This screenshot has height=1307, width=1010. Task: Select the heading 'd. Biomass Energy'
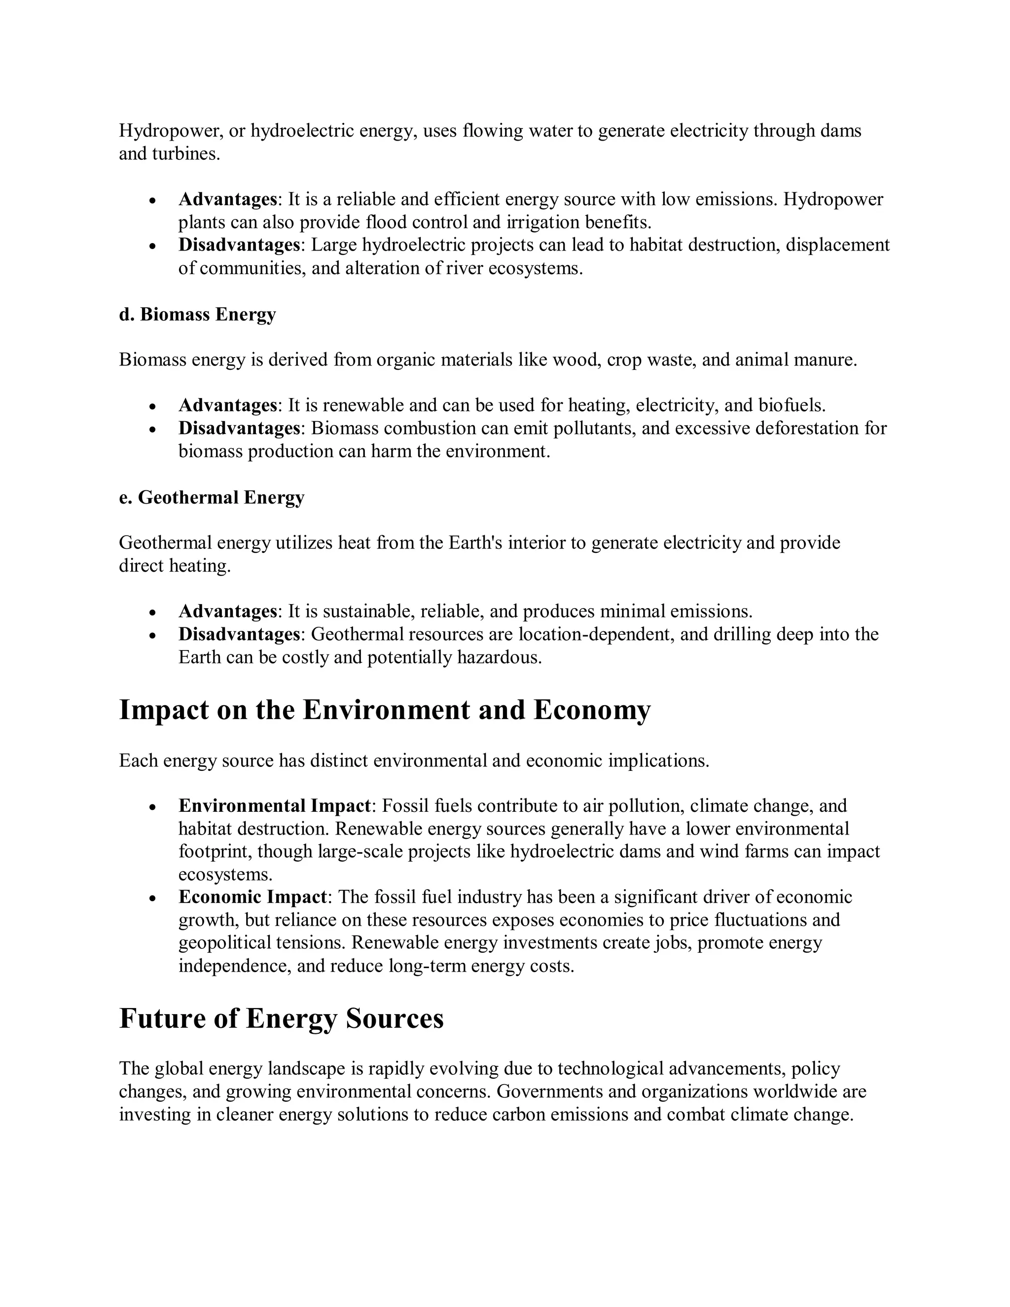point(197,314)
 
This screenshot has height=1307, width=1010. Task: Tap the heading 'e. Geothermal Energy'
point(212,497)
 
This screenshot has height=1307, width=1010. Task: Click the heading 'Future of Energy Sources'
point(281,1018)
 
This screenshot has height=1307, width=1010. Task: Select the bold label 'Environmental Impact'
point(275,805)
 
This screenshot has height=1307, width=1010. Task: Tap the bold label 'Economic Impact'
point(252,897)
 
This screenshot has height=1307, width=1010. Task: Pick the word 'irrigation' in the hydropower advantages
point(543,222)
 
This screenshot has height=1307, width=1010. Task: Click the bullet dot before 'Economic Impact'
point(153,898)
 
